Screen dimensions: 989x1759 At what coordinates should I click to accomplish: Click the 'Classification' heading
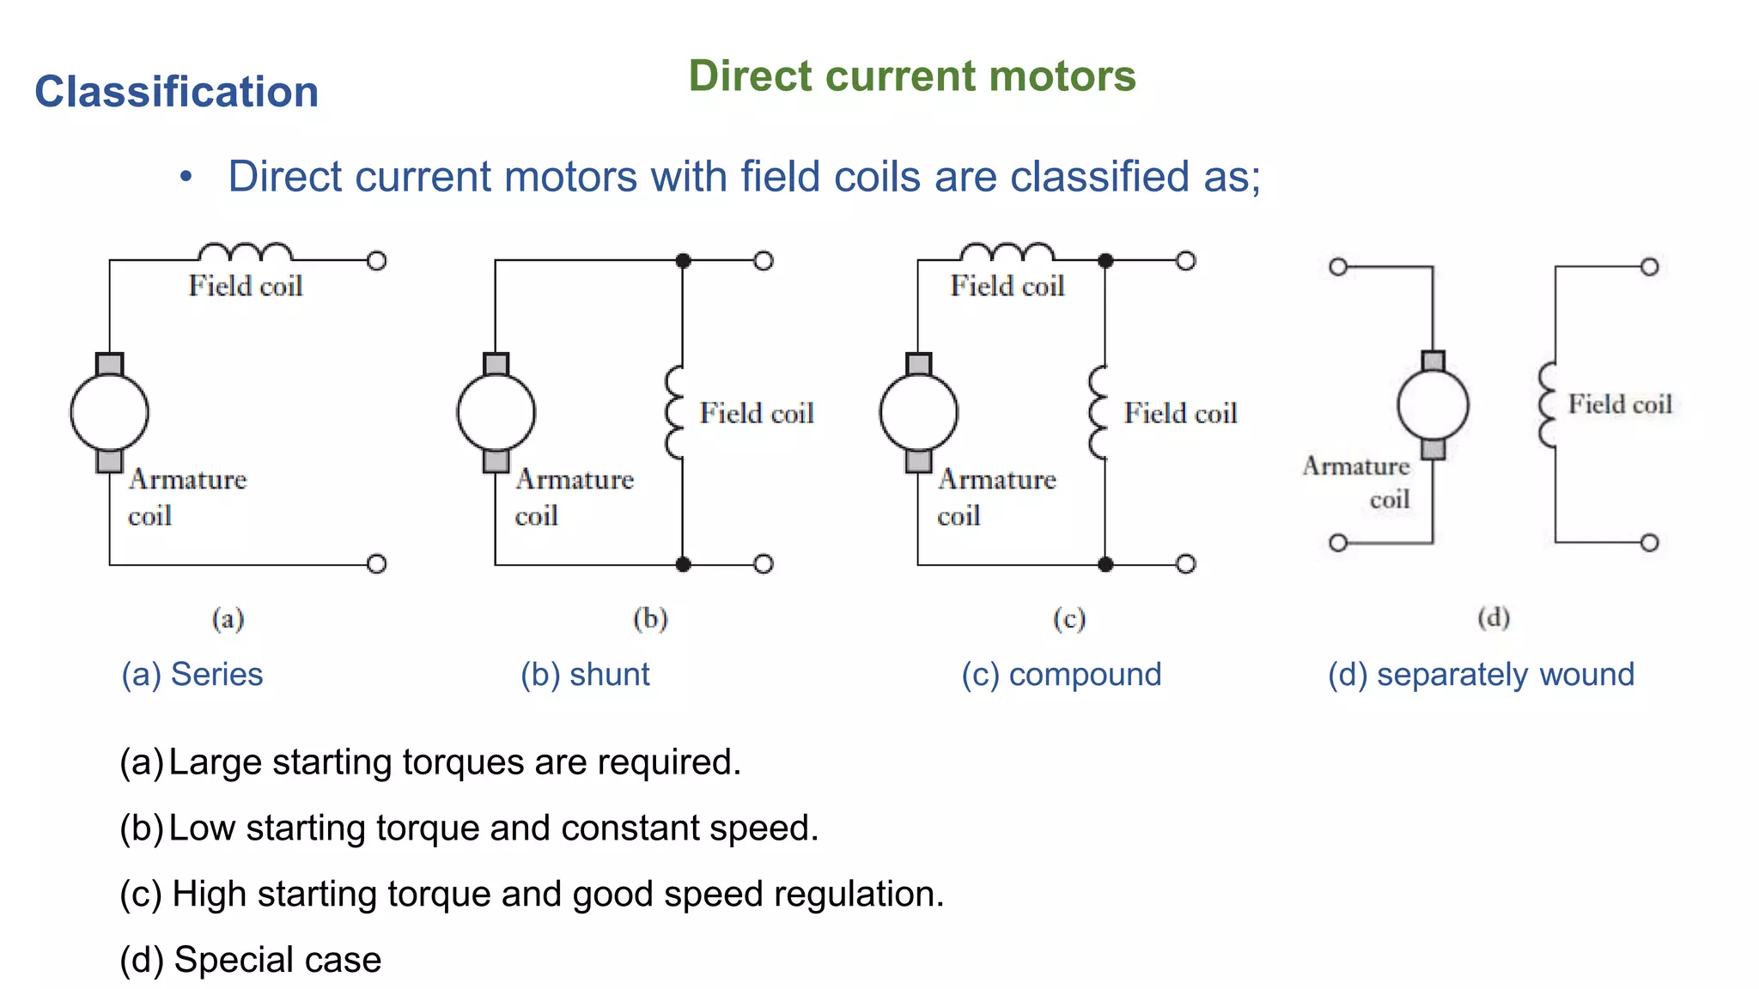176,92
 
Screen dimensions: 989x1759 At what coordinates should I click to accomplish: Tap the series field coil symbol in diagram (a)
245,252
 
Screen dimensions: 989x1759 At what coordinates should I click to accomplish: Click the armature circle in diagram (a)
109,413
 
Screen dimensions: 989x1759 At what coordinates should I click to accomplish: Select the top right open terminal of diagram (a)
376,260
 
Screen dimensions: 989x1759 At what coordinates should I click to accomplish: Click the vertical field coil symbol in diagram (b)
675,413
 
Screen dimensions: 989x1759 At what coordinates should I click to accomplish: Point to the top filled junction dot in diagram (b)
683,260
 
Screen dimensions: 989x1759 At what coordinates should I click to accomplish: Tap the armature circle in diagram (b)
496,413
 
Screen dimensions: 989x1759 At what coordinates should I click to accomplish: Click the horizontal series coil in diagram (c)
1007,252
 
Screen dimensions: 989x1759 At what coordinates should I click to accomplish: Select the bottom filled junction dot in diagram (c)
1105,564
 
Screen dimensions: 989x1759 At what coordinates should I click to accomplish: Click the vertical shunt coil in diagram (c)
1098,413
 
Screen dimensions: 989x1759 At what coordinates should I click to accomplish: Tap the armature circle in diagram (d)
1433,405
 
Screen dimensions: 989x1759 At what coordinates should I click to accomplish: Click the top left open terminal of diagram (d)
1337,267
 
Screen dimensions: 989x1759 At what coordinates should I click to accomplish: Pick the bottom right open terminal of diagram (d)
1649,543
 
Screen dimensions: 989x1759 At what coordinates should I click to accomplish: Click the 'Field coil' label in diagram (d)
1620,404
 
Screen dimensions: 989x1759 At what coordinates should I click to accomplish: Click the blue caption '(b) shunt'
585,675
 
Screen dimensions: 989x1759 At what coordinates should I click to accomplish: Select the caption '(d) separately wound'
1481,675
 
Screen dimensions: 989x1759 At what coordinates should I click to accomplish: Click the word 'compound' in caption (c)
1085,675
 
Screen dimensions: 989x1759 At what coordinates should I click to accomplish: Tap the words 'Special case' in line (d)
277,960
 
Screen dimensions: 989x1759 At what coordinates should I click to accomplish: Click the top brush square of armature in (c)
918,364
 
